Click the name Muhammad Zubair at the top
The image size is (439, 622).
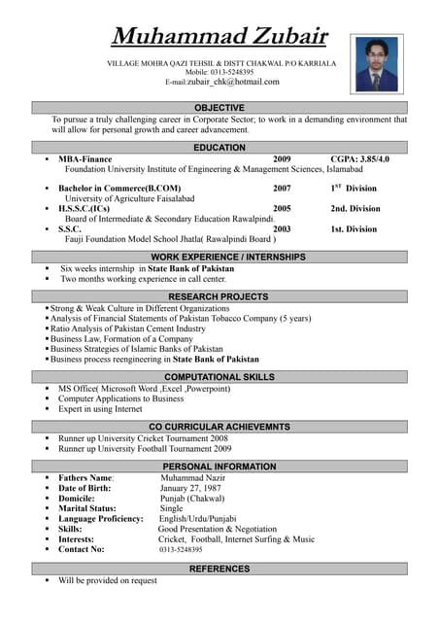pyautogui.click(x=219, y=37)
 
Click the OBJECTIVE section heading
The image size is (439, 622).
pyautogui.click(x=219, y=107)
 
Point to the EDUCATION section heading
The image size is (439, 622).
pyautogui.click(x=219, y=147)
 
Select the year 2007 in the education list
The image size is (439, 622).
pyautogui.click(x=282, y=188)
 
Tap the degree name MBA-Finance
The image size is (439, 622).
pyautogui.click(x=85, y=158)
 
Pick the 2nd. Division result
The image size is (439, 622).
pyautogui.click(x=355, y=208)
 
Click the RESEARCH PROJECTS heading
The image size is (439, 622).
pyautogui.click(x=219, y=296)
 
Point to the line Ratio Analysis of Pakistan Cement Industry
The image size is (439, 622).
pyautogui.click(x=128, y=328)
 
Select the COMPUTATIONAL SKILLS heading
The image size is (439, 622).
pyautogui.click(x=219, y=377)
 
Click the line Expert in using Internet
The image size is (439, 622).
pyautogui.click(x=100, y=409)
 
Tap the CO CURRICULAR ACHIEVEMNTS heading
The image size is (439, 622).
pyautogui.click(x=219, y=427)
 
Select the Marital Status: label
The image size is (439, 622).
pyautogui.click(x=87, y=508)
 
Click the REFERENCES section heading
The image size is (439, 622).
pyautogui.click(x=219, y=569)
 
